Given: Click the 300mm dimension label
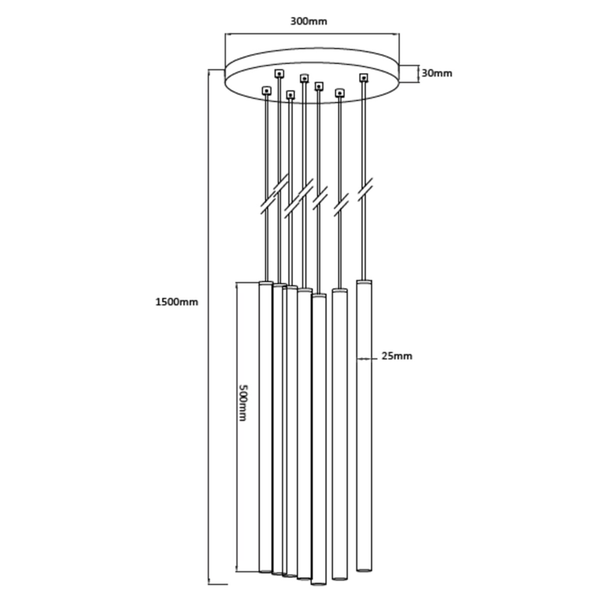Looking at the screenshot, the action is pyautogui.click(x=309, y=21).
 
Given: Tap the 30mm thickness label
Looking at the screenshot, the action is pyautogui.click(x=437, y=73).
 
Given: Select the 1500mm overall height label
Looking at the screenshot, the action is pyautogui.click(x=176, y=302).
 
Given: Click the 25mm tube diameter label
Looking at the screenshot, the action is pyautogui.click(x=397, y=356).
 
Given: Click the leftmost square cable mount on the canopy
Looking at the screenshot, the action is pyautogui.click(x=266, y=91).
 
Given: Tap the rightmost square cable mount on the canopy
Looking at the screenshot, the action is pyautogui.click(x=364, y=78).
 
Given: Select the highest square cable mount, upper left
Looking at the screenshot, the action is pyautogui.click(x=279, y=74).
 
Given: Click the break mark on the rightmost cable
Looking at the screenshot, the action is pyautogui.click(x=365, y=189).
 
